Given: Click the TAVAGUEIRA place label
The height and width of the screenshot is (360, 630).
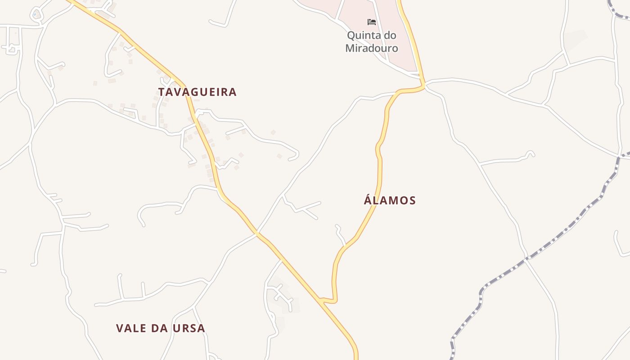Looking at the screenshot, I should [x=197, y=92].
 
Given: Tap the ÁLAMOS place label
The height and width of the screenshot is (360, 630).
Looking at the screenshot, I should [x=390, y=200].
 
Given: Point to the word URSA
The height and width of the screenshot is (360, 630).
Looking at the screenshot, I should [x=189, y=328].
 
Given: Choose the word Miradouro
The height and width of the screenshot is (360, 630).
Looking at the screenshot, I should [x=372, y=48].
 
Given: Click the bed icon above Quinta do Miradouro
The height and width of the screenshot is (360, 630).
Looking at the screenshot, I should [x=372, y=22].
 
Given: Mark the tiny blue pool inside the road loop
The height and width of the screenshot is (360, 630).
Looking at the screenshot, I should [x=35, y=14].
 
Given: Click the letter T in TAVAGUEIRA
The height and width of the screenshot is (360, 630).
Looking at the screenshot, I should [x=161, y=92].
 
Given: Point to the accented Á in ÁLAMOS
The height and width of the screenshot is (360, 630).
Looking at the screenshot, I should [x=367, y=200].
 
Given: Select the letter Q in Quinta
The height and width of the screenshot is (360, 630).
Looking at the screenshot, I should [x=351, y=36].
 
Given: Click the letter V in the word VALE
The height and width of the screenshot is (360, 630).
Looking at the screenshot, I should [x=119, y=328].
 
